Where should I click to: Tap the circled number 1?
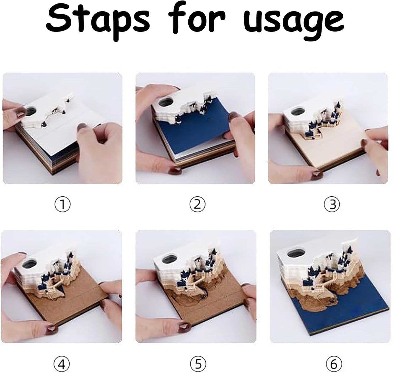62,205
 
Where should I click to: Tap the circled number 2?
197,205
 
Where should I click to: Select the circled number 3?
332,205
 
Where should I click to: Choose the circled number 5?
198,358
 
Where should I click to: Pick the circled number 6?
334,358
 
